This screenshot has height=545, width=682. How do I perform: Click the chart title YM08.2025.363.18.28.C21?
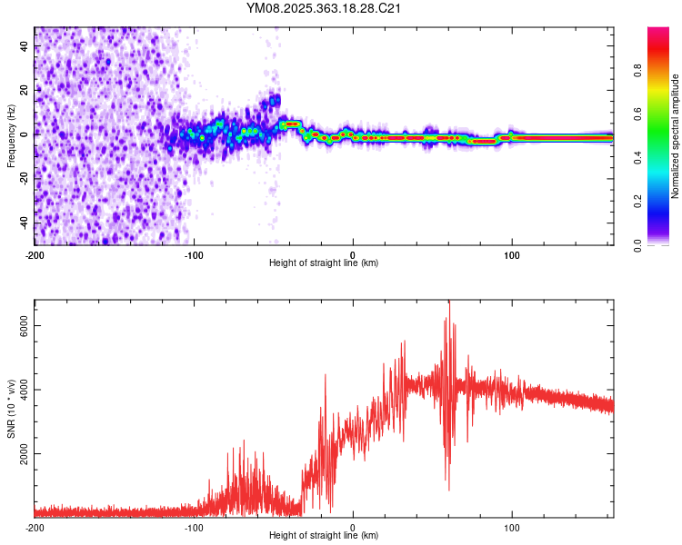coord(325,8)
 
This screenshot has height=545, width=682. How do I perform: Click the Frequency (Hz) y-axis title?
coord(11,136)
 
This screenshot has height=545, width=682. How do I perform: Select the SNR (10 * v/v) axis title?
coord(11,409)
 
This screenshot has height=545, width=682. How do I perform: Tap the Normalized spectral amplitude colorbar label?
coord(676,136)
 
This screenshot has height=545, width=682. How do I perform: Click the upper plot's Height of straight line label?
coord(324,263)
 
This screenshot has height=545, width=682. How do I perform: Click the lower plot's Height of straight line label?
coord(324,535)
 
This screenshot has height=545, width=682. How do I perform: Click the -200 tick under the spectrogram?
coord(35,254)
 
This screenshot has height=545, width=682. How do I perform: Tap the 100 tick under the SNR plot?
coord(512,527)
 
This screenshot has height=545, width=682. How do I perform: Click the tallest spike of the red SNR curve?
coord(448,302)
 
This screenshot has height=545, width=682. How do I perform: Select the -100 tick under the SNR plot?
coord(194,527)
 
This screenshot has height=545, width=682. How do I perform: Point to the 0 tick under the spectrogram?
coord(353,254)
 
